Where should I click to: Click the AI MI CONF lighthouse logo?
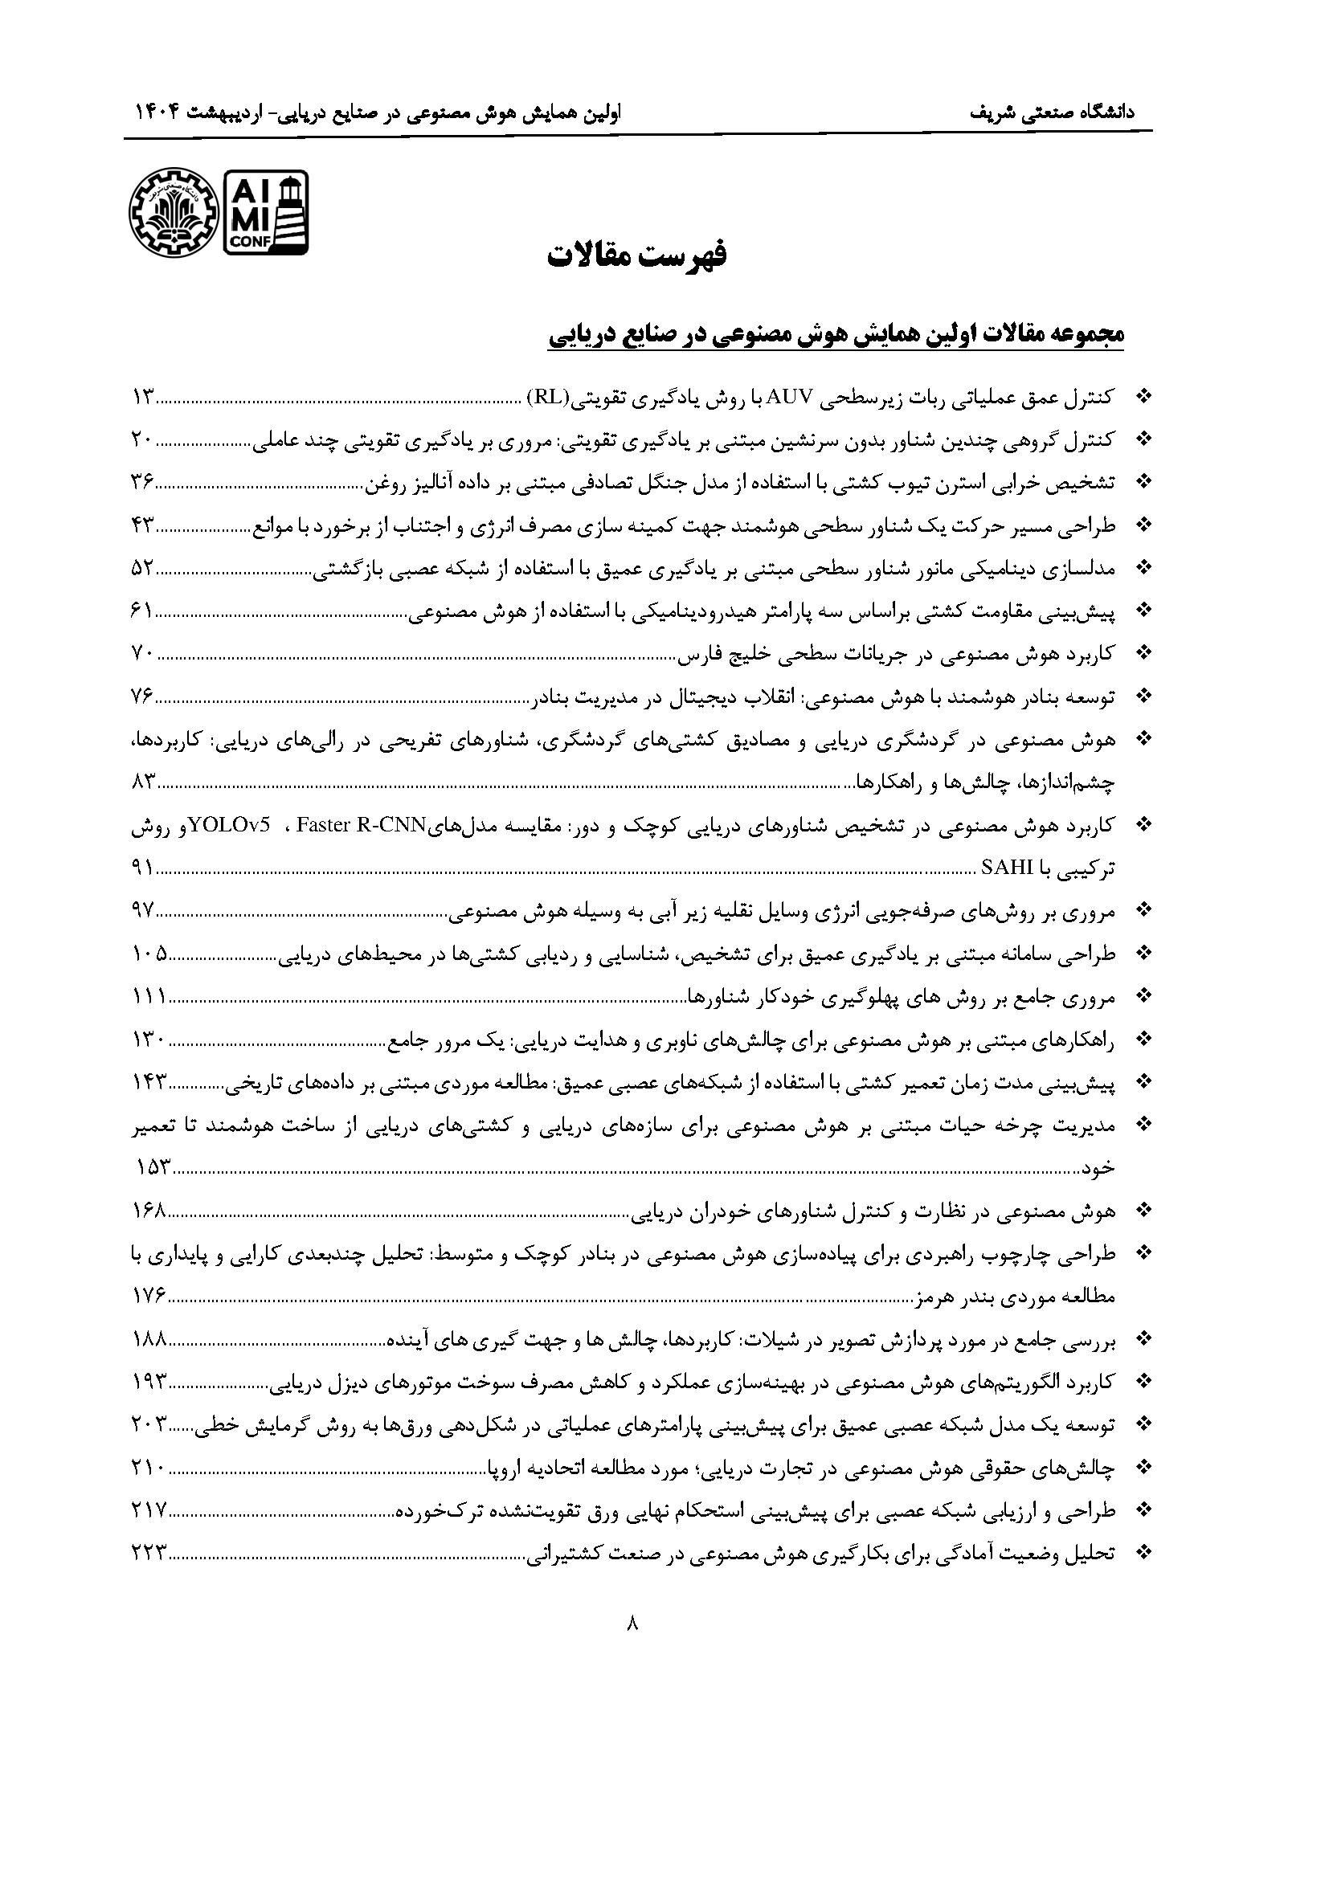coord(266,212)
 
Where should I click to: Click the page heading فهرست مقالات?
coord(636,255)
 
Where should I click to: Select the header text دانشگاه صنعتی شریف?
coord(1060,113)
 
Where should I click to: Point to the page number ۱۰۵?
coord(150,953)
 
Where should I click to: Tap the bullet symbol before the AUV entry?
coord(1144,398)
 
